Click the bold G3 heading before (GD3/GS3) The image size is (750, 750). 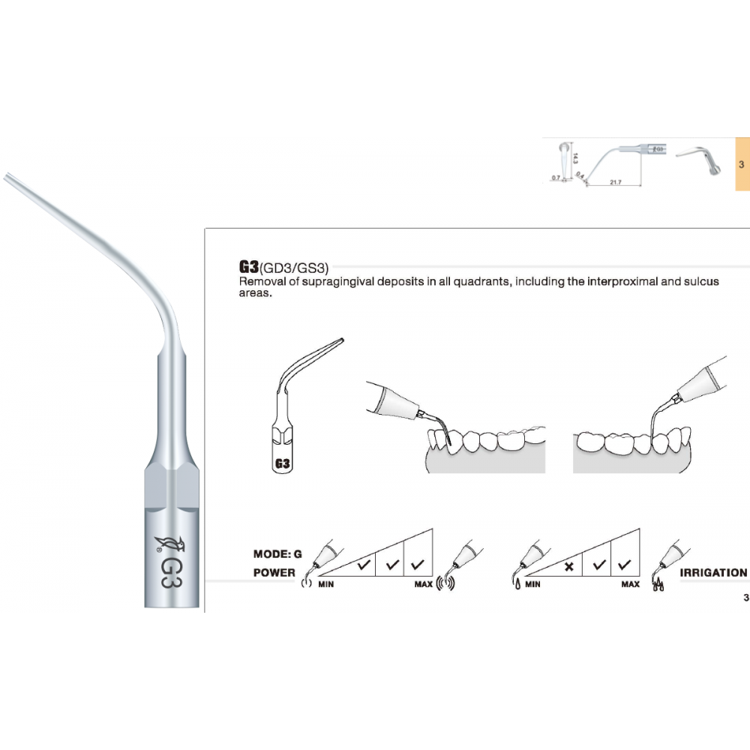pyautogui.click(x=247, y=266)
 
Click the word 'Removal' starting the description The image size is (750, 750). pyautogui.click(x=259, y=281)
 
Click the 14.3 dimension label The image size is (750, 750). pyautogui.click(x=574, y=158)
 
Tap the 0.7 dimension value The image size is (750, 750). pyautogui.click(x=555, y=178)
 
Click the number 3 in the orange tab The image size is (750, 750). pyautogui.click(x=741, y=163)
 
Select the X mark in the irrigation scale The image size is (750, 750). pyautogui.click(x=568, y=566)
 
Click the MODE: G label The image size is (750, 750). pyautogui.click(x=277, y=554)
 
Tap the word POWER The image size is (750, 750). pyautogui.click(x=274, y=572)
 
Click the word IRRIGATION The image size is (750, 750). pyautogui.click(x=712, y=572)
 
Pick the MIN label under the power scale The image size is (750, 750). pyautogui.click(x=325, y=583)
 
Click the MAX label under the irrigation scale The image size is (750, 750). pyautogui.click(x=630, y=583)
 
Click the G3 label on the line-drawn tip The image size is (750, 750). pyautogui.click(x=283, y=463)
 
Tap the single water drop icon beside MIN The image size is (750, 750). pyautogui.click(x=518, y=583)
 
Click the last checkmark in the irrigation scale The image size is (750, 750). pyautogui.click(x=624, y=564)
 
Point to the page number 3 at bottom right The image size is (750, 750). pyautogui.click(x=745, y=598)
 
